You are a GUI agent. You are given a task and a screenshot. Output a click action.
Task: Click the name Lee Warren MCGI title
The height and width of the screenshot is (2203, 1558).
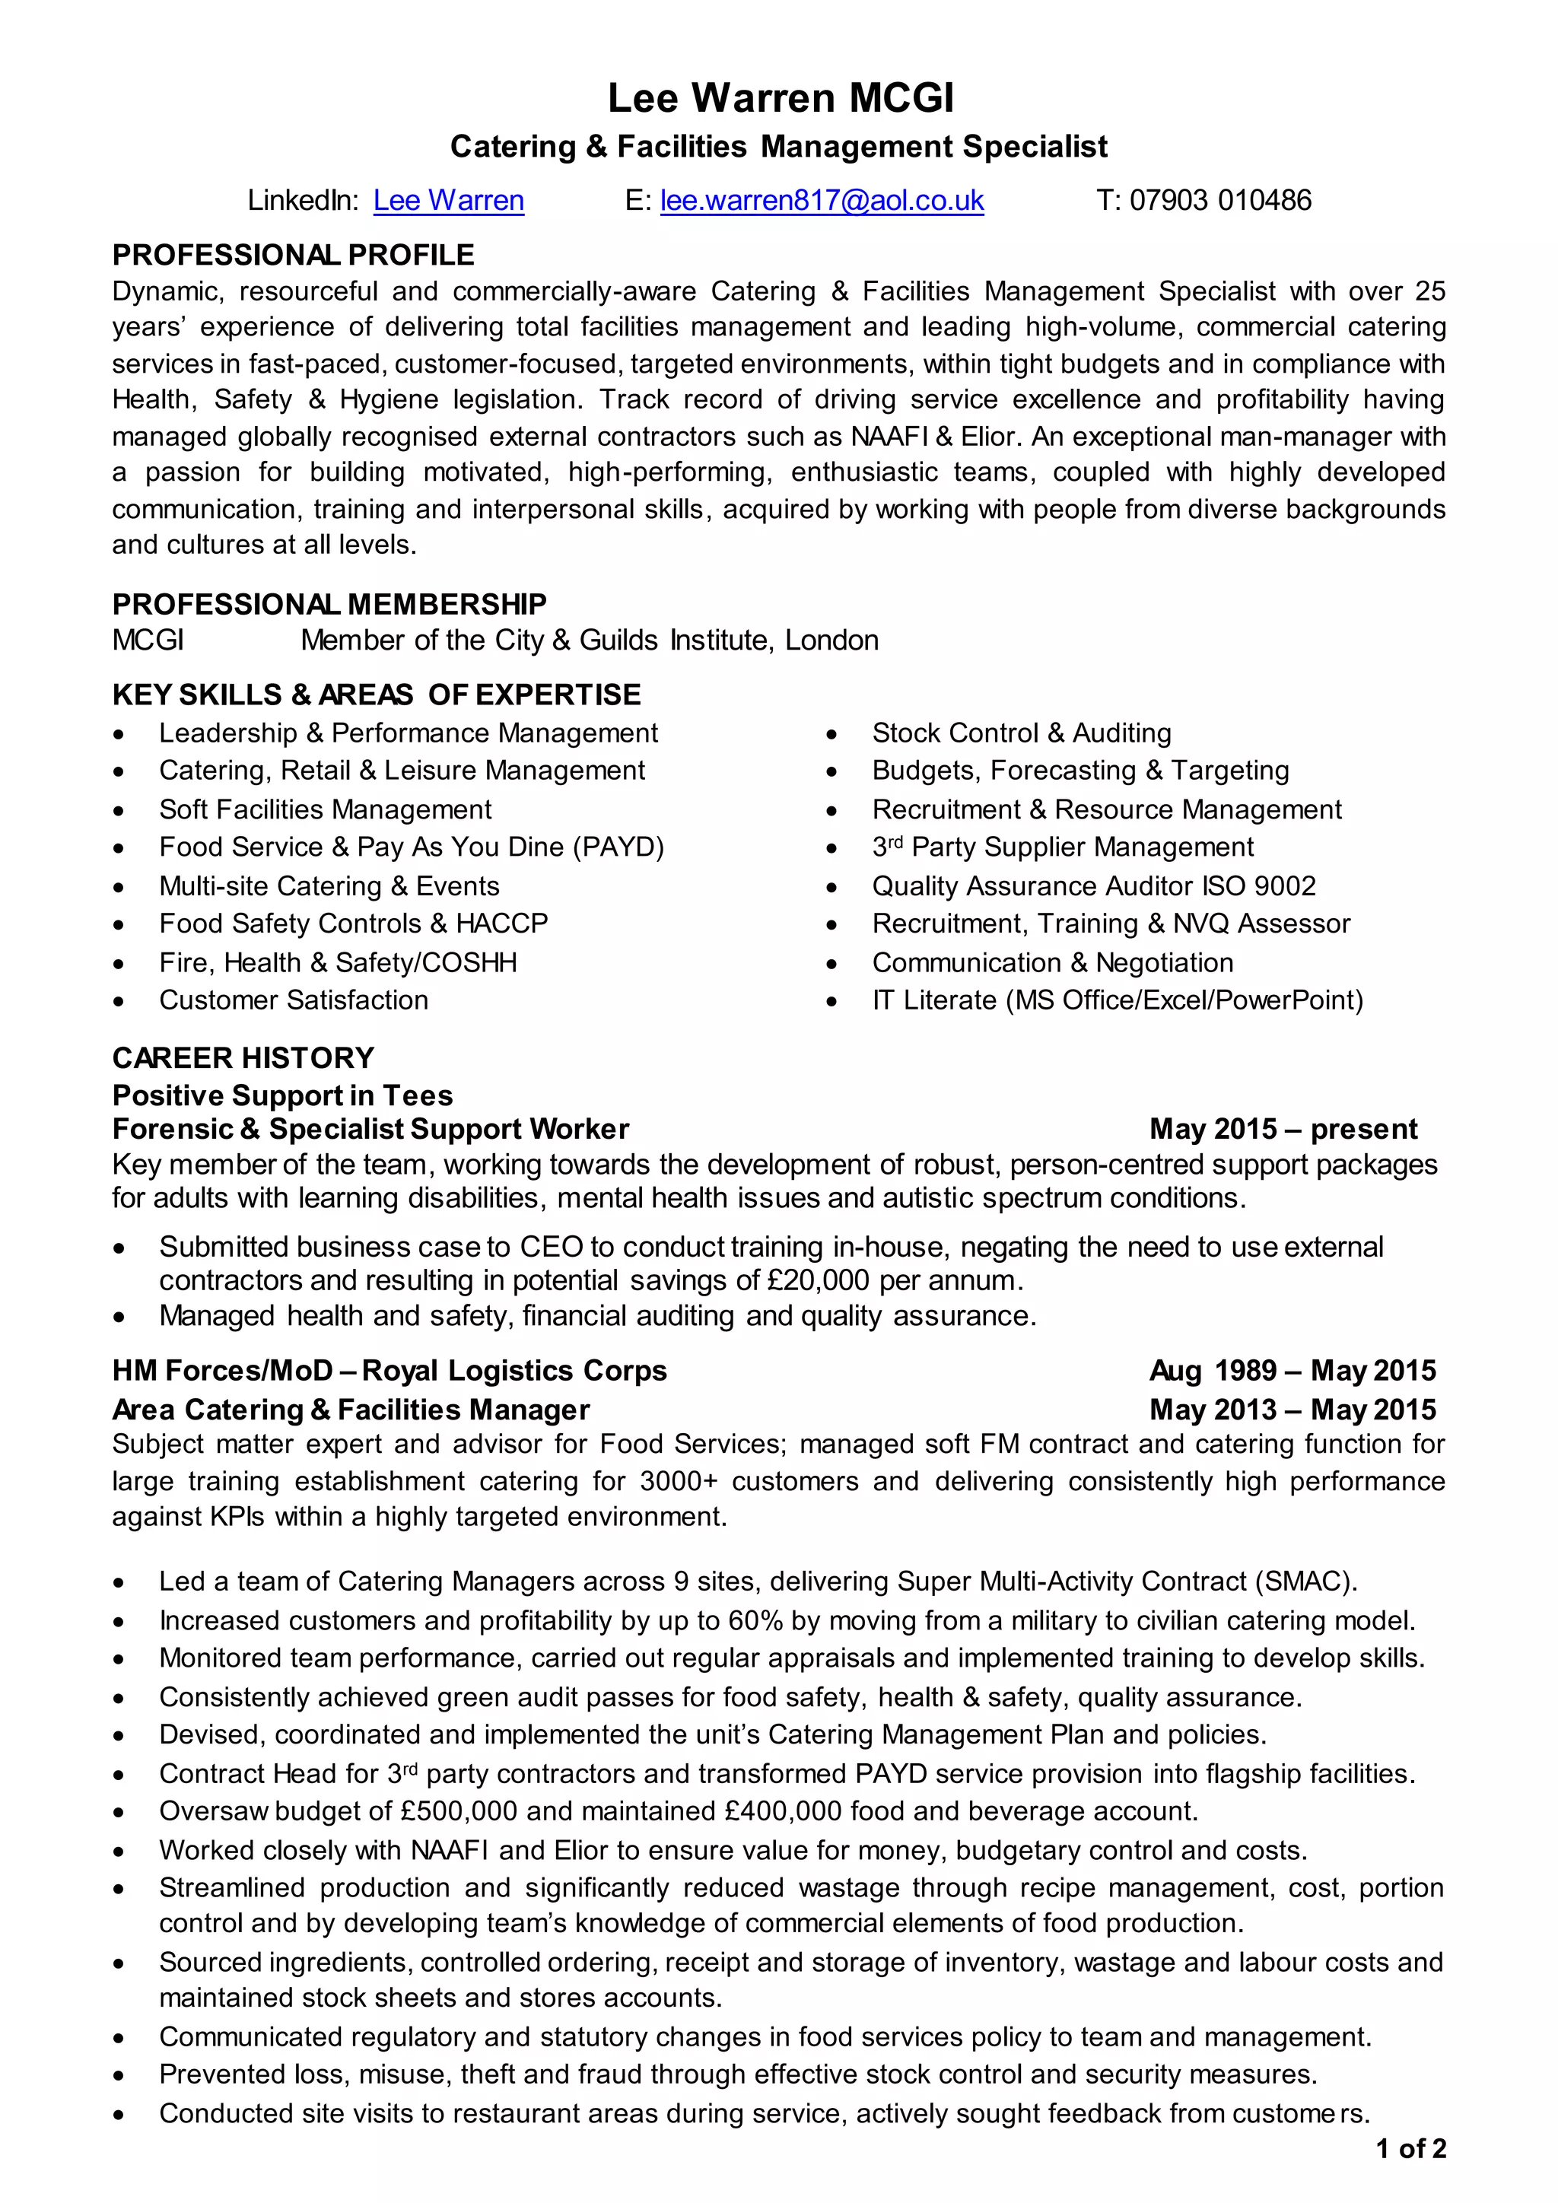(x=780, y=98)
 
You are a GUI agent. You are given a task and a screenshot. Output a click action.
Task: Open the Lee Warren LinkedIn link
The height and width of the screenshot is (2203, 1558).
(x=448, y=201)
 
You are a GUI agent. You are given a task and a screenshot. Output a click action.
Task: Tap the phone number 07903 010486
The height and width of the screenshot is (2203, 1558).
(x=1219, y=201)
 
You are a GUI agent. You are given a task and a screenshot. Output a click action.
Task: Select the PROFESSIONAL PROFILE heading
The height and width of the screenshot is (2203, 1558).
(x=293, y=256)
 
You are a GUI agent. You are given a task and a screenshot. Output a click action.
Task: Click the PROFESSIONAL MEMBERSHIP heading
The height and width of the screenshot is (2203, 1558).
(x=329, y=605)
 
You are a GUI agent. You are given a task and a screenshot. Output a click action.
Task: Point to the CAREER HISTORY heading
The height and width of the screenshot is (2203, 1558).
(x=243, y=1057)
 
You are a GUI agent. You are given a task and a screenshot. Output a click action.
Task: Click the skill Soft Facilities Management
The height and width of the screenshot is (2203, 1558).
(x=326, y=810)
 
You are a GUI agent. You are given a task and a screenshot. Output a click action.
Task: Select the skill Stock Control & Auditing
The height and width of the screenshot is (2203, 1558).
(x=1021, y=733)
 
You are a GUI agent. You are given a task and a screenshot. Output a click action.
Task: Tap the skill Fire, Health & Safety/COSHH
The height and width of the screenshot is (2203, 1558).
(x=338, y=962)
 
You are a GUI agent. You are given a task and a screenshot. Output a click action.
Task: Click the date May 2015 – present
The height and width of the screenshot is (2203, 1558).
(x=1283, y=1130)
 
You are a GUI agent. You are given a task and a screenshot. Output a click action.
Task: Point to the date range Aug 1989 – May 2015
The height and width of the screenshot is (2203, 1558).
(x=1293, y=1370)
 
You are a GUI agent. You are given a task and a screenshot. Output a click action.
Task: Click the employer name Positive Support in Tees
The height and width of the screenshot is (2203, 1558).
(x=282, y=1095)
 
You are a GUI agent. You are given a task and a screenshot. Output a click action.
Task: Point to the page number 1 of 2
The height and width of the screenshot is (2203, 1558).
(x=1410, y=2148)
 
